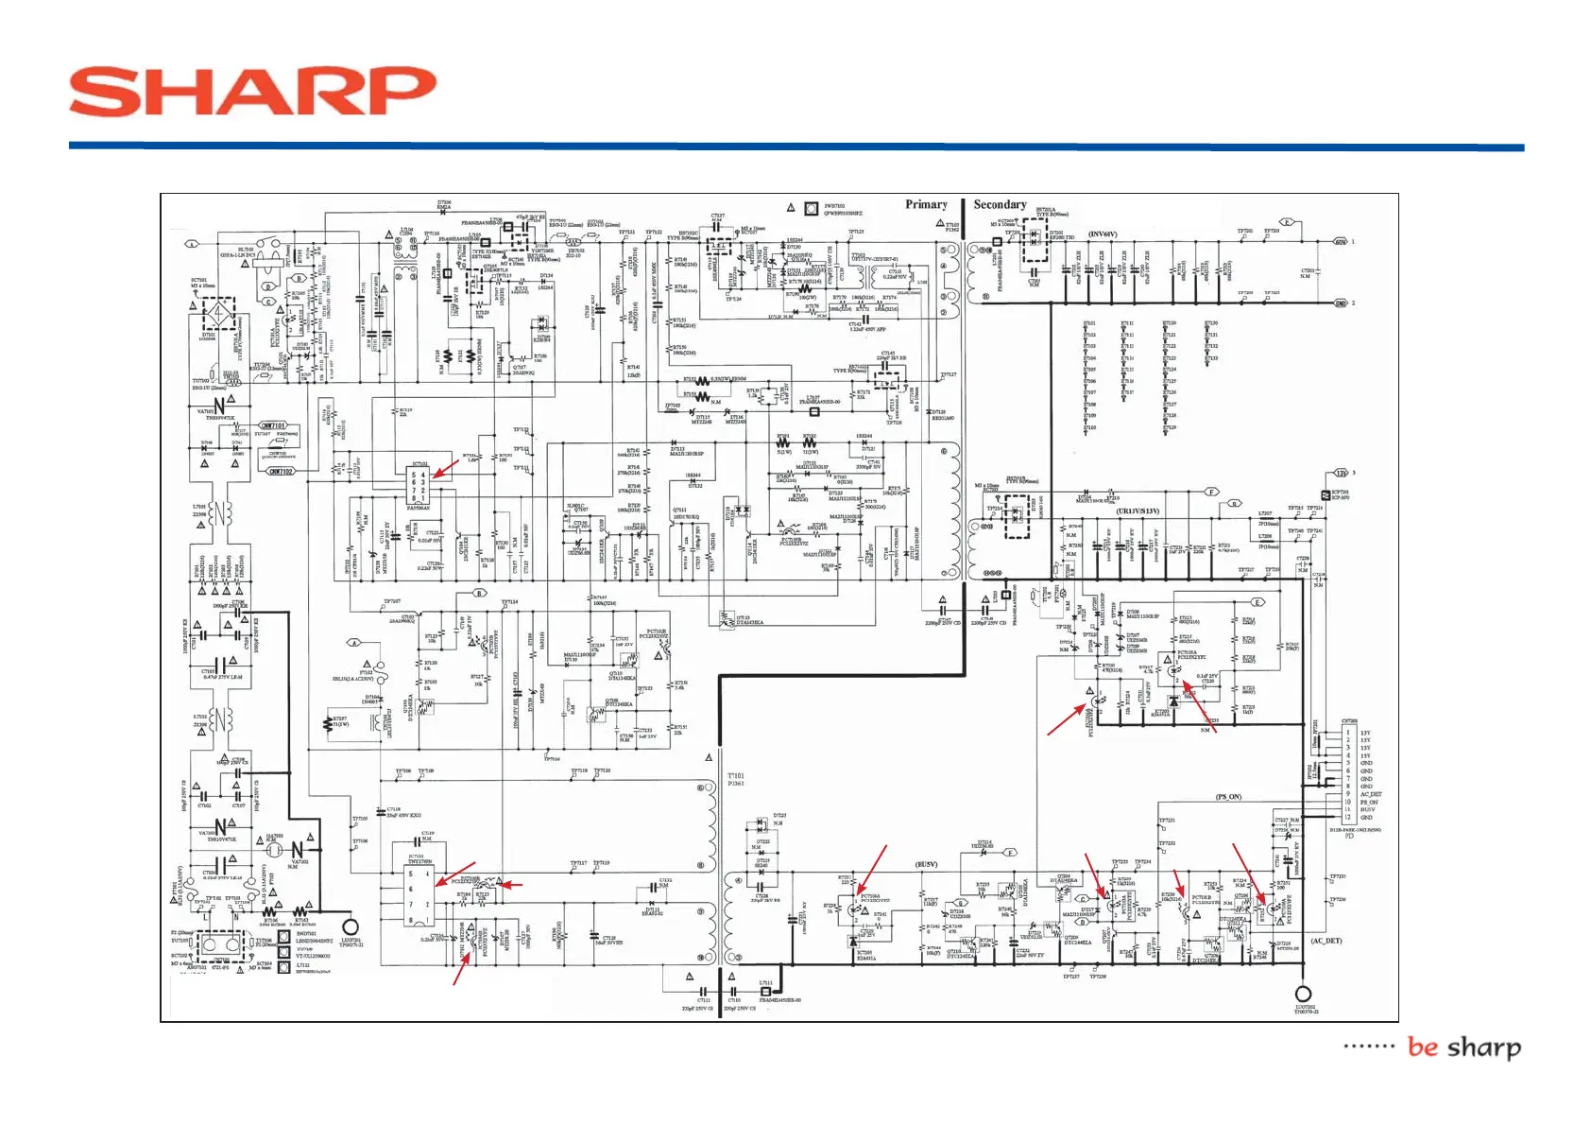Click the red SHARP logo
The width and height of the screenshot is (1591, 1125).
coord(252,92)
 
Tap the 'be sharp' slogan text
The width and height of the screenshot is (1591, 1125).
coord(1463,1047)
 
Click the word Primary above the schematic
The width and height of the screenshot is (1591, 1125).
coord(926,204)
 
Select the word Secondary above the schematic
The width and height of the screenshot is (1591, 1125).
coord(1000,204)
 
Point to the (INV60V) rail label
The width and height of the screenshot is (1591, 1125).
coord(1103,234)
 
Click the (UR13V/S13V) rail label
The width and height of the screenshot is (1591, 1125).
coord(1138,511)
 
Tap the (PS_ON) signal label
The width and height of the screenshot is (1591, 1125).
coord(1228,797)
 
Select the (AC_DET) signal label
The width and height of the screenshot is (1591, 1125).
coord(1326,941)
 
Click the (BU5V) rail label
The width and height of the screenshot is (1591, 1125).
coord(926,864)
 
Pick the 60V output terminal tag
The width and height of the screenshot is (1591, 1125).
coord(1340,242)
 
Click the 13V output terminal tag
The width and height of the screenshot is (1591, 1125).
coord(1341,473)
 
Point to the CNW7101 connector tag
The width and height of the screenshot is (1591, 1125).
coord(273,426)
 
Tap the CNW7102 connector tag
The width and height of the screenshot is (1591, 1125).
coord(281,471)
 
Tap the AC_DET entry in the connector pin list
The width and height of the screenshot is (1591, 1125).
coord(1370,794)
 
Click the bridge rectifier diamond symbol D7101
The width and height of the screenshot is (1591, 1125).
coord(220,312)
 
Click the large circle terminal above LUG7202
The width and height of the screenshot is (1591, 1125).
coord(1303,994)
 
